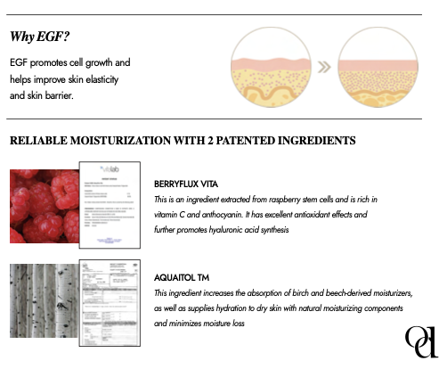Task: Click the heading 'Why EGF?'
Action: (41, 37)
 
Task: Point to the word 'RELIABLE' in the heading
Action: (37, 141)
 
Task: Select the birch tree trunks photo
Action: (42, 299)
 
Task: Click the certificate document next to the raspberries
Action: (111, 206)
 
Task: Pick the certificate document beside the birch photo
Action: (110, 299)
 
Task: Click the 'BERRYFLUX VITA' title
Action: (187, 184)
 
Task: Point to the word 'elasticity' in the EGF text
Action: (122, 80)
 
